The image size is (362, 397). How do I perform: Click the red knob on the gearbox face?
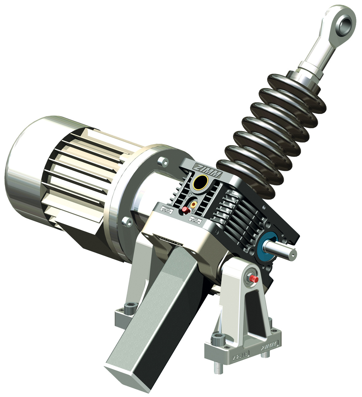pyautogui.click(x=185, y=210)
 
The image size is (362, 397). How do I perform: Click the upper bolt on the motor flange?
pyautogui.click(x=162, y=161)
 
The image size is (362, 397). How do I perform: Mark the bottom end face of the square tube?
pyautogui.click(x=123, y=375)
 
